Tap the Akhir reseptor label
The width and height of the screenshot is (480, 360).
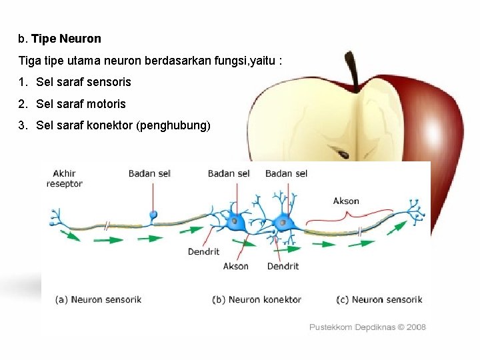tap(65, 178)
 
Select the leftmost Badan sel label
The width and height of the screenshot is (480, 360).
tap(149, 173)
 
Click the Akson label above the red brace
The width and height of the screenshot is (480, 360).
tap(346, 201)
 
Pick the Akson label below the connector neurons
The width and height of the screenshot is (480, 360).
tap(235, 266)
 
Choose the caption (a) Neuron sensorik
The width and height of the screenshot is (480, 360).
tap(98, 299)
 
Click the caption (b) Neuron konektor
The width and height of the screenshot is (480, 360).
tap(257, 299)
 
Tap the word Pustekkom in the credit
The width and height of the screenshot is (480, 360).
tap(331, 327)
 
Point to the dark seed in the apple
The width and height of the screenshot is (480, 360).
tap(343, 154)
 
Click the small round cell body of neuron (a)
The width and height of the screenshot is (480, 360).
tap(153, 215)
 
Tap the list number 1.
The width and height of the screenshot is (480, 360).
tap(23, 82)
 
